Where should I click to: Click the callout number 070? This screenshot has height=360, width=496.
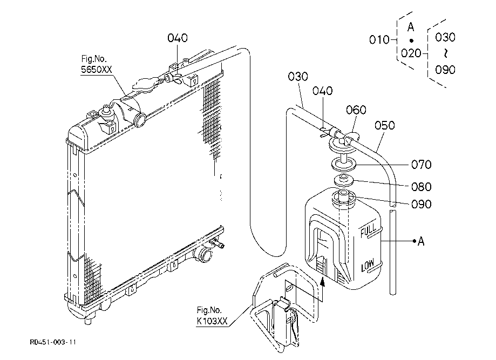click(x=422, y=165)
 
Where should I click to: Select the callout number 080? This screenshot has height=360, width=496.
click(x=422, y=187)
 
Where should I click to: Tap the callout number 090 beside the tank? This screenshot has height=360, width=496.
click(x=422, y=204)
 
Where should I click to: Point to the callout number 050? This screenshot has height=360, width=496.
click(x=385, y=125)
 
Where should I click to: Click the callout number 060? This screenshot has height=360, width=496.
click(x=356, y=110)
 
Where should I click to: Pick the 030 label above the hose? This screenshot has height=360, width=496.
click(x=298, y=76)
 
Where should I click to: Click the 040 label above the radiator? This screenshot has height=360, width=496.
click(x=178, y=38)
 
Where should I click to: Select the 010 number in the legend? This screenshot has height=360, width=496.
click(x=379, y=40)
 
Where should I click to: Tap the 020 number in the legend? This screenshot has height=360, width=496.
click(x=411, y=53)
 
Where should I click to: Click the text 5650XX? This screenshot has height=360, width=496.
click(x=97, y=69)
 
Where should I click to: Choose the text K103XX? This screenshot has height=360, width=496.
click(x=212, y=321)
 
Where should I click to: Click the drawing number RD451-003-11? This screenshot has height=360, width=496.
click(x=53, y=342)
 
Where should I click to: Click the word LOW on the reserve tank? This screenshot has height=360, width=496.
click(x=368, y=265)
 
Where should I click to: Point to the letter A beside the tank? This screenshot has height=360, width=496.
click(x=421, y=241)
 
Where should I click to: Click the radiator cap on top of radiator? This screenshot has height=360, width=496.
click(x=145, y=84)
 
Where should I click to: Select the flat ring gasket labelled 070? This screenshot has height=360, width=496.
click(x=344, y=165)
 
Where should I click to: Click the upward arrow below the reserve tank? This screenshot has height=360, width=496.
click(x=322, y=289)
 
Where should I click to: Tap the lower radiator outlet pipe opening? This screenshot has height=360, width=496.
click(x=203, y=255)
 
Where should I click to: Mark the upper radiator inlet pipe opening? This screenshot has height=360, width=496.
click(x=140, y=120)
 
